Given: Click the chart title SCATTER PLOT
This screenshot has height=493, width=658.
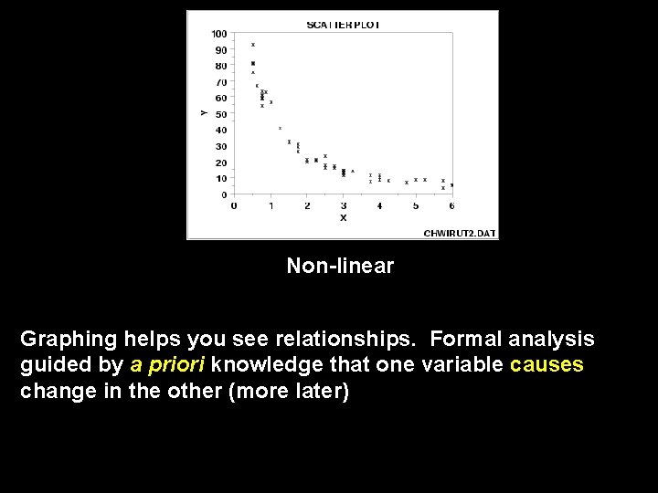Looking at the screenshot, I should click(343, 25).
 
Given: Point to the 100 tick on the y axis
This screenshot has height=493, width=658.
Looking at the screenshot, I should click(219, 34).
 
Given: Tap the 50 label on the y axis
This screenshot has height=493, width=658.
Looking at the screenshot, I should click(221, 114).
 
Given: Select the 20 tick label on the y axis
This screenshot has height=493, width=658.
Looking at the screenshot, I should click(221, 163).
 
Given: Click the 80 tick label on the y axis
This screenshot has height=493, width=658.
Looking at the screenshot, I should click(221, 66).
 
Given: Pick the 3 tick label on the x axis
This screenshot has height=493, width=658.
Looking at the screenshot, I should click(343, 206).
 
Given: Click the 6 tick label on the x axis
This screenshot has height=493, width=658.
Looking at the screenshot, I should click(452, 206).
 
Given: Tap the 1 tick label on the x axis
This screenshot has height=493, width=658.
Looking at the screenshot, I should click(271, 206).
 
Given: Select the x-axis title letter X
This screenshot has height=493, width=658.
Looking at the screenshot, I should click(344, 218).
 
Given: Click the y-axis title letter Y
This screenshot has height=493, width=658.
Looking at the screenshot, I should click(203, 112).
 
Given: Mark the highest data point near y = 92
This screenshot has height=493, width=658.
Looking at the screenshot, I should click(253, 44).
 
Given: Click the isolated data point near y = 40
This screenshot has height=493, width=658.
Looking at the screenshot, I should click(280, 129).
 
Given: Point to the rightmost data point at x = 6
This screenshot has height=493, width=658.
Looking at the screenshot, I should click(451, 185).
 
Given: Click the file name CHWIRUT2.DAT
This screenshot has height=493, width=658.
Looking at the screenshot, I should click(460, 233).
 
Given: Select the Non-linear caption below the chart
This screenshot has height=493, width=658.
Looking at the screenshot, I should click(340, 266).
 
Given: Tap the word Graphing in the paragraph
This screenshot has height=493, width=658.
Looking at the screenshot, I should click(69, 340).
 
